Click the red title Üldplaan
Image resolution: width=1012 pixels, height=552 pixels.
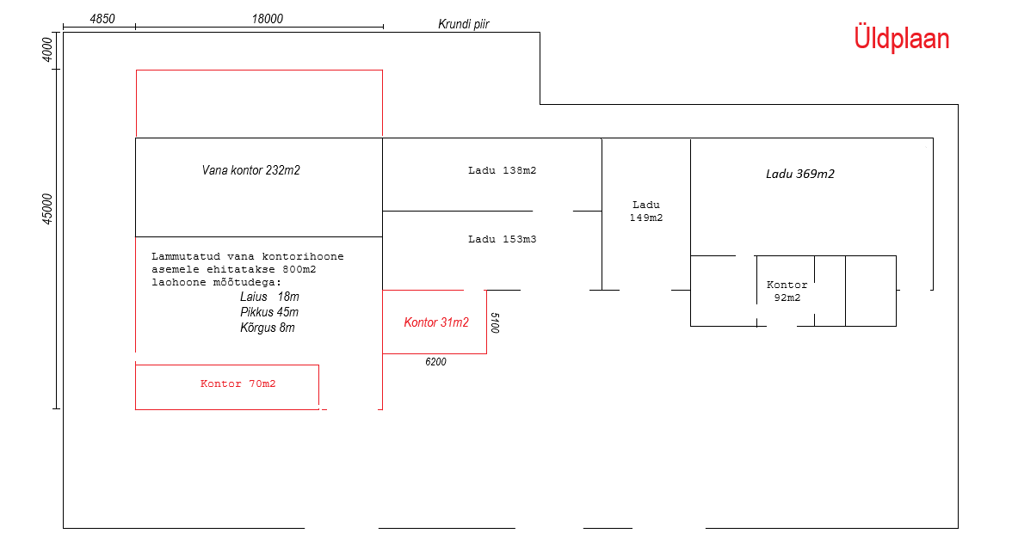point(901,39)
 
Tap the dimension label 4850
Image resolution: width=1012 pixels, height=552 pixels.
point(102,19)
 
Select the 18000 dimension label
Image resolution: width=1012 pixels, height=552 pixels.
point(268,19)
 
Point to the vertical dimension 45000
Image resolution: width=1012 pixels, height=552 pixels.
point(47,209)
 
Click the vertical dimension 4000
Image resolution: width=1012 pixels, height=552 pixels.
point(47,48)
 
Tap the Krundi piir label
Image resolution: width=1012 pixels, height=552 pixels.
point(464,24)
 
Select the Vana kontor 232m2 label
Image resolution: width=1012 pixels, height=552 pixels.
point(250,170)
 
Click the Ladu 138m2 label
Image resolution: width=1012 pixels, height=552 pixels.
point(502,170)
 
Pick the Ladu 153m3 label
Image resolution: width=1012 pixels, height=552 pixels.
point(502,239)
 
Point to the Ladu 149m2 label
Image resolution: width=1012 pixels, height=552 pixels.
point(646,212)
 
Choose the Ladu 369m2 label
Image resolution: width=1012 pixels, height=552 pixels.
point(800,174)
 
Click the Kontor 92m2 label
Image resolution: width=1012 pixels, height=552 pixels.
point(787,291)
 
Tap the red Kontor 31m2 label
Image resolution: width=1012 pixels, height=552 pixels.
point(436,322)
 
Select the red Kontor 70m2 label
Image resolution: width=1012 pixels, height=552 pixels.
point(238,383)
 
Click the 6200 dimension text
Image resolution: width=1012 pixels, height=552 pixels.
point(435,362)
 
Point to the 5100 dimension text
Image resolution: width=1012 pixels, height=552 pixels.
point(495,322)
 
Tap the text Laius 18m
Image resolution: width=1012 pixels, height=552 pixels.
point(269,297)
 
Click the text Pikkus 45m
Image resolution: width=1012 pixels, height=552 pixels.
point(269,312)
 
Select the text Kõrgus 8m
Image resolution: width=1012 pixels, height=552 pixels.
point(268,328)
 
